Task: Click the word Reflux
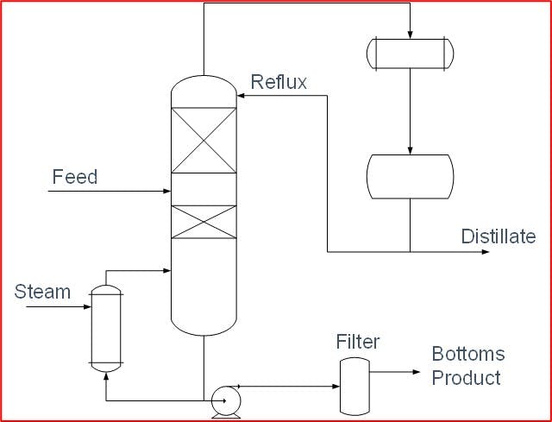[279, 83]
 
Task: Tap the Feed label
[75, 178]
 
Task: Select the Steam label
[42, 292]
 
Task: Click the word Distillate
[498, 236]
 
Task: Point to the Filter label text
[357, 343]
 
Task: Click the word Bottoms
[468, 355]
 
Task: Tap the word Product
[466, 378]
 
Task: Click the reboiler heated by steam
[106, 328]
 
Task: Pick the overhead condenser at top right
[409, 54]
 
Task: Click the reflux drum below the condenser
[409, 176]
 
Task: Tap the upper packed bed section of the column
[204, 141]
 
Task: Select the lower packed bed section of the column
[204, 222]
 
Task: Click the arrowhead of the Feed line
[166, 191]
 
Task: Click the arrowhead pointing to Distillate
[486, 253]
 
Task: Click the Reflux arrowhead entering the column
[241, 97]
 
